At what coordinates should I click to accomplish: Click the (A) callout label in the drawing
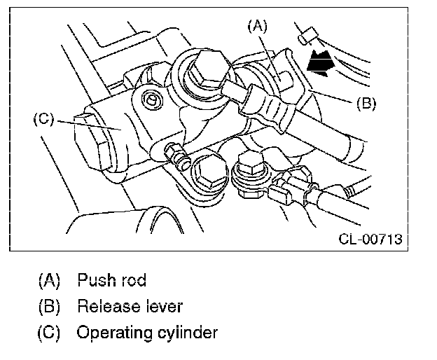(257, 26)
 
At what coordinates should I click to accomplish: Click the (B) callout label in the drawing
(366, 104)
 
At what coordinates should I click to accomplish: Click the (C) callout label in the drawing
(43, 119)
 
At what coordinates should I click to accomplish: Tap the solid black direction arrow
(321, 64)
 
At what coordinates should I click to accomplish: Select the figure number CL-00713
(370, 239)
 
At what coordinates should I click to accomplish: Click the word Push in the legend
(95, 279)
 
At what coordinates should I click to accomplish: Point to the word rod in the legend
(134, 280)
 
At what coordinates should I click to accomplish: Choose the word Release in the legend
(109, 306)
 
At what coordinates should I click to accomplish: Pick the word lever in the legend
(165, 306)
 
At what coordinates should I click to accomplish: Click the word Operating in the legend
(114, 333)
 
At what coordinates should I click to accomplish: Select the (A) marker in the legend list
(49, 280)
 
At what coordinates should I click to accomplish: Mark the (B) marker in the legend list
(49, 307)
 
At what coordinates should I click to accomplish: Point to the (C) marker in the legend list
(49, 332)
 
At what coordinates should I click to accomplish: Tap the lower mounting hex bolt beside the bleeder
(209, 171)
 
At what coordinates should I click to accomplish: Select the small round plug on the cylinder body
(152, 99)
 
